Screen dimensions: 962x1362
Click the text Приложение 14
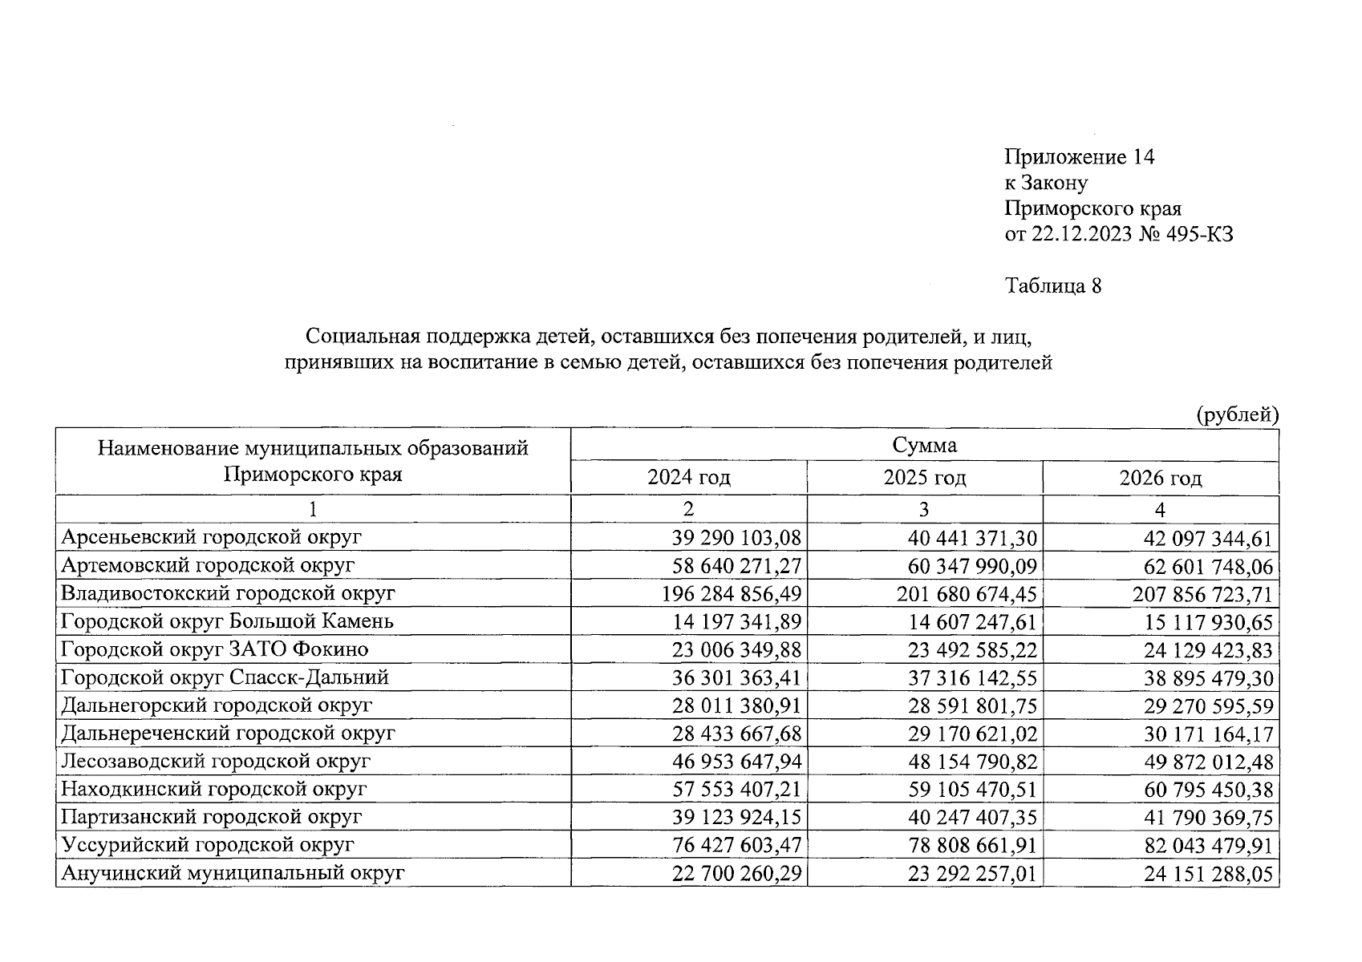point(1079,157)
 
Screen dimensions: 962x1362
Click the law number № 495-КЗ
point(1185,234)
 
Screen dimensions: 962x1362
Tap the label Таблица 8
point(1052,286)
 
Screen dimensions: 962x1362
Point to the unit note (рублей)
point(1236,415)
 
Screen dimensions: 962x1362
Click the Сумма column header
point(924,445)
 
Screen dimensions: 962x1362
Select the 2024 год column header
point(688,479)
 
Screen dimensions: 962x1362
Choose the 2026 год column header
point(1160,479)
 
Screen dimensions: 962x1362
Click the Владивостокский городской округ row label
point(229,593)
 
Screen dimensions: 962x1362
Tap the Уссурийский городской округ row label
point(208,845)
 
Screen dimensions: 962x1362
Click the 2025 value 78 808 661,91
point(972,847)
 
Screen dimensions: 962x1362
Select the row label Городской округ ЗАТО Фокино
point(215,649)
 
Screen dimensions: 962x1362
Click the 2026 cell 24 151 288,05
point(1208,875)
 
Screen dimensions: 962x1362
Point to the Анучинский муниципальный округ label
point(233,873)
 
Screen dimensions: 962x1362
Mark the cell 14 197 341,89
point(736,623)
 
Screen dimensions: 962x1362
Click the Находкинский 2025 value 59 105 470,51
point(972,790)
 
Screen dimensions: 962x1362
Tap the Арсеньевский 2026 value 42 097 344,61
point(1208,539)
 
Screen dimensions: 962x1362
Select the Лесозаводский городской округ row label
point(216,761)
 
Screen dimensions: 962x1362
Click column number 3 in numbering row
point(924,510)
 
